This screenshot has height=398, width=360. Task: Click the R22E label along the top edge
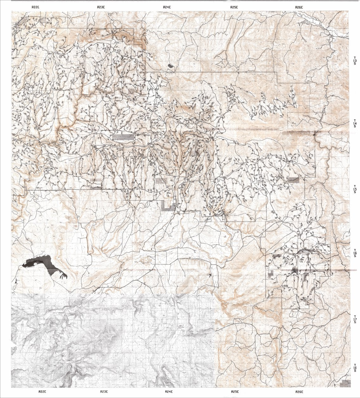click(x=36, y=7)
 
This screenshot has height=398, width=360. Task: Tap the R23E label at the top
click(x=101, y=7)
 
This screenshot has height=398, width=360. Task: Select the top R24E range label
click(x=167, y=7)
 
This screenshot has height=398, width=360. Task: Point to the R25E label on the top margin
click(x=234, y=7)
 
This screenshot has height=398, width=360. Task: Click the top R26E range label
click(x=299, y=7)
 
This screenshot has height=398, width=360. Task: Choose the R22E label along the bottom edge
click(x=42, y=392)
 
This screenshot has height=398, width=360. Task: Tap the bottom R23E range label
click(x=104, y=392)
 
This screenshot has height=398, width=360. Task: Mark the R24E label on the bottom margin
click(x=169, y=392)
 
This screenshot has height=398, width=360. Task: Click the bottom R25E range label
click(x=235, y=392)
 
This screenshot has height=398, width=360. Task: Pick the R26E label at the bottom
click(x=300, y=392)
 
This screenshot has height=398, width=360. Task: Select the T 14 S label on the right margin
click(x=355, y=124)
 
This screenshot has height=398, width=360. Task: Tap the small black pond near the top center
click(x=171, y=66)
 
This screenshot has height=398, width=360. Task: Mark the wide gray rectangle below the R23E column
click(x=123, y=137)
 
